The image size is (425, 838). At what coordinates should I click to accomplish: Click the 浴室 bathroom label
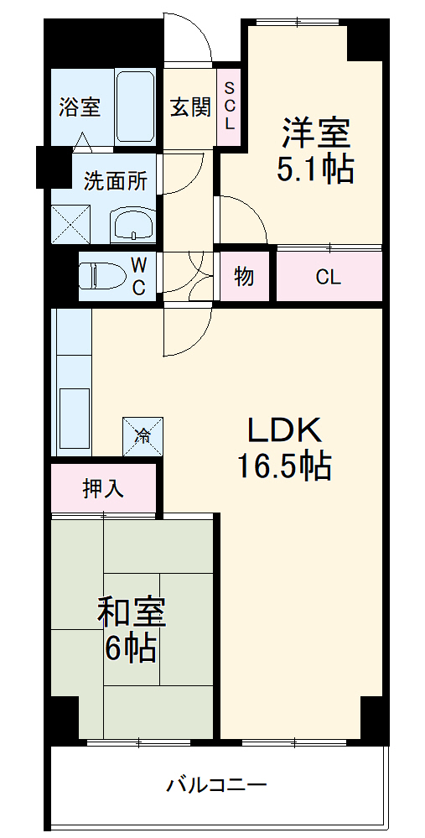pyautogui.click(x=80, y=107)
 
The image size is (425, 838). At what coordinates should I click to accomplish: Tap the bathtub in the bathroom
pyautogui.click(x=134, y=107)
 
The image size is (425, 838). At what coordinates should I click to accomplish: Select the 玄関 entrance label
pyautogui.click(x=190, y=107)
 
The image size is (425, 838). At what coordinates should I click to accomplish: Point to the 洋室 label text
pyautogui.click(x=315, y=132)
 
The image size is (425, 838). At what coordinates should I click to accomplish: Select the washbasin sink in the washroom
pyautogui.click(x=132, y=224)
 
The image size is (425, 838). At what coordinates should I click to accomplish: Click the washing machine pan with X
pyautogui.click(x=72, y=221)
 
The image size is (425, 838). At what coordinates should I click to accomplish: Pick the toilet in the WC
pyautogui.click(x=101, y=275)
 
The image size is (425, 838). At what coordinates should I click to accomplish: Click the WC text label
pyautogui.click(x=139, y=276)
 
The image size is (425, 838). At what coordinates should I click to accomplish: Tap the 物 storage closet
pyautogui.click(x=244, y=276)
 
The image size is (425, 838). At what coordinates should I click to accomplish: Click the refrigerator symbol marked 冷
pyautogui.click(x=143, y=435)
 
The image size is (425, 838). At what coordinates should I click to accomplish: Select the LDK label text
pyautogui.click(x=283, y=429)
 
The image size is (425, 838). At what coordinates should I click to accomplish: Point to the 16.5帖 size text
pyautogui.click(x=283, y=466)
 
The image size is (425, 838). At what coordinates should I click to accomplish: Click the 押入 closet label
pyautogui.click(x=103, y=488)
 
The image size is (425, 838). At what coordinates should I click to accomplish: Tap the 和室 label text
pyautogui.click(x=132, y=612)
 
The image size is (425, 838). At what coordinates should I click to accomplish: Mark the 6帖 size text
pyautogui.click(x=132, y=648)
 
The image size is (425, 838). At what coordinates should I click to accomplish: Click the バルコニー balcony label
pyautogui.click(x=216, y=786)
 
